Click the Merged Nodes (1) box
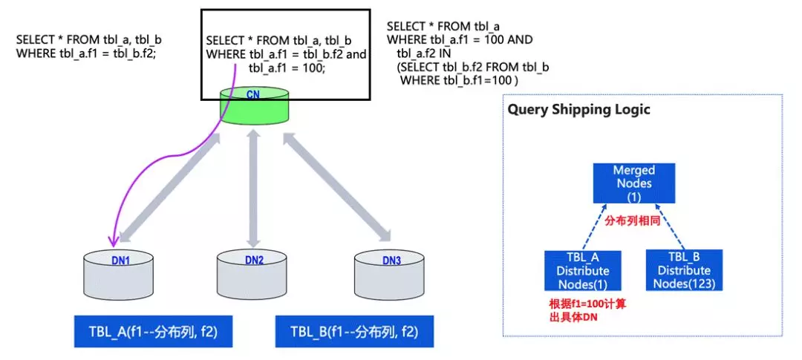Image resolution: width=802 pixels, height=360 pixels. pos(633,183)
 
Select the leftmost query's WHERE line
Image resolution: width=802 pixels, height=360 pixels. pos(86,53)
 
